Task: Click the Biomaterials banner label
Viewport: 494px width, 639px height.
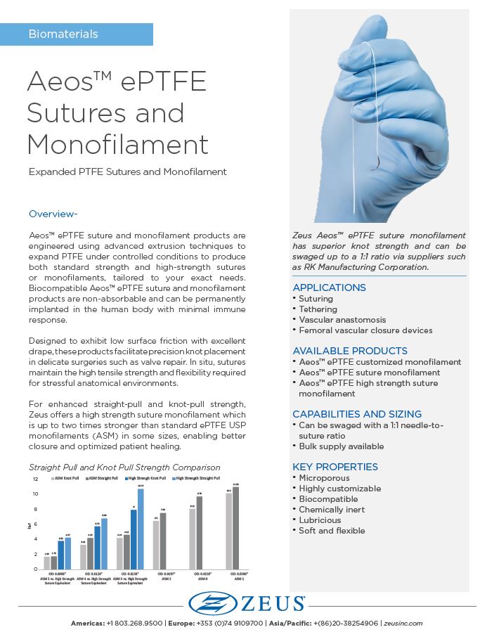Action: coord(63,34)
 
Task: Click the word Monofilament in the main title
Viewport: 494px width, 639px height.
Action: coord(117,144)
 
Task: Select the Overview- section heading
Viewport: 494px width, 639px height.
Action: coord(53,214)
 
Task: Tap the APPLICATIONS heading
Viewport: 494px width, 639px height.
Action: coord(329,288)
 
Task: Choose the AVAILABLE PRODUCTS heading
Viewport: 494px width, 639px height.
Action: coord(350,351)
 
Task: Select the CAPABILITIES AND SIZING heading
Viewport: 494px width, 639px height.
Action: coord(357,414)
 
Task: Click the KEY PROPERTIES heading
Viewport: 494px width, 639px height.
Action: coord(335,467)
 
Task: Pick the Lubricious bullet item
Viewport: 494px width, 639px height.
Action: coord(320,520)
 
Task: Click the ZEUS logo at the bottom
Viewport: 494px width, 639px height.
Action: coord(247,603)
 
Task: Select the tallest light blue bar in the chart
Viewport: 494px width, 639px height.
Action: coord(141,527)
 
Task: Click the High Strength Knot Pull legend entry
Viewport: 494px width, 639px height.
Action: coord(148,478)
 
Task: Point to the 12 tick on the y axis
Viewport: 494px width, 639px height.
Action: coord(35,479)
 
